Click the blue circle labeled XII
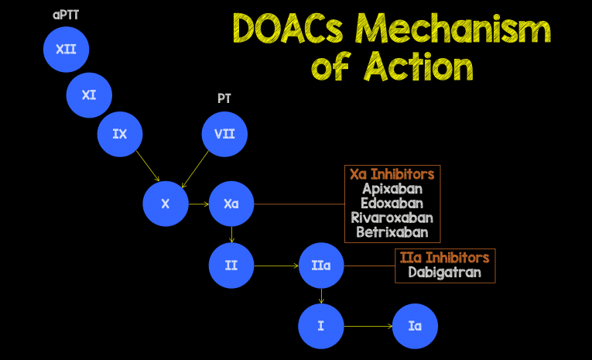(x=66, y=49)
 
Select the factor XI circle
(x=89, y=95)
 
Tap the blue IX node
(x=120, y=134)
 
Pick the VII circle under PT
(x=224, y=134)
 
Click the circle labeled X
(x=166, y=204)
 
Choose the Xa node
(x=231, y=204)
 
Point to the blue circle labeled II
(x=231, y=266)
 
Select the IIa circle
(x=321, y=266)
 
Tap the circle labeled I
(x=321, y=326)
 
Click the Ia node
(x=415, y=326)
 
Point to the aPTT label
(x=66, y=15)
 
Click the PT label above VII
(x=224, y=98)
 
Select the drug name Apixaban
(x=392, y=188)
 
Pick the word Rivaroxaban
(x=392, y=218)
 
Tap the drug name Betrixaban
(x=392, y=231)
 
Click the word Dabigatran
(x=444, y=272)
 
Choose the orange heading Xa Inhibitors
(x=392, y=174)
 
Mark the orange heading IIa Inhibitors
(x=444, y=258)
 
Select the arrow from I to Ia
(x=368, y=326)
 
